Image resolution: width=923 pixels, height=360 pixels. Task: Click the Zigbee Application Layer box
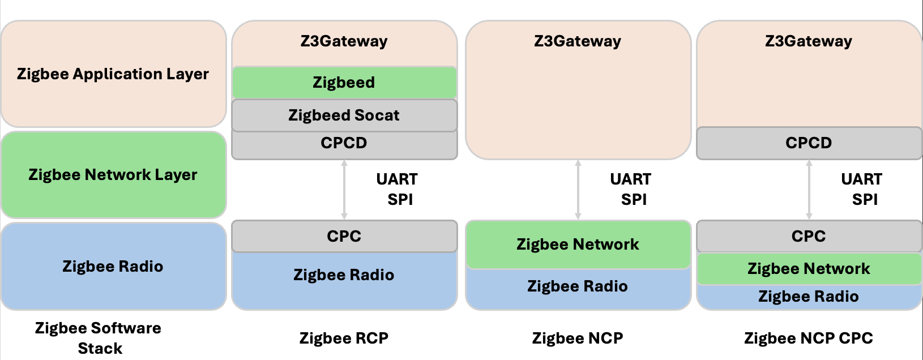coord(113,74)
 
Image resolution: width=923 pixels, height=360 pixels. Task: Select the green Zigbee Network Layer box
coord(113,175)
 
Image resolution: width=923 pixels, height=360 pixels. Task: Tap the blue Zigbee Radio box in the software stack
coord(113,266)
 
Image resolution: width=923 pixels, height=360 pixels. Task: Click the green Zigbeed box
coord(344,83)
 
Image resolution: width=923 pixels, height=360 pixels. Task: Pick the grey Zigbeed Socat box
coord(344,115)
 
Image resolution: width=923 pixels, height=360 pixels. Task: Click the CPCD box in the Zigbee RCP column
coord(344,144)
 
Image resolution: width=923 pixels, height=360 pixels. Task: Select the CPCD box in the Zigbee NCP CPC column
coord(809,143)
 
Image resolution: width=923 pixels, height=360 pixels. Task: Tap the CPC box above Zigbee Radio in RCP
coord(344,236)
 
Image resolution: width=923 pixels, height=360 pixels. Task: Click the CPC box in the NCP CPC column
coord(809,236)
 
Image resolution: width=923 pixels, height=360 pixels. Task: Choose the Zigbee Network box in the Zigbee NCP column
coord(578,245)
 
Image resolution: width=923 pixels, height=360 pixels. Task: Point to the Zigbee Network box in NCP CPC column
coord(809,269)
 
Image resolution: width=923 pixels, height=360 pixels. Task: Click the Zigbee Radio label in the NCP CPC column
coord(809,297)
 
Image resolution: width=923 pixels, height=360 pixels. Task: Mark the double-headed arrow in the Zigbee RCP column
coord(344,190)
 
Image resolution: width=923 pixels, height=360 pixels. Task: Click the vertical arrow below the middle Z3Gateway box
coord(578,190)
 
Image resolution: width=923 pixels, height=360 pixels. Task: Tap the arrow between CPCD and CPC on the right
coord(809,190)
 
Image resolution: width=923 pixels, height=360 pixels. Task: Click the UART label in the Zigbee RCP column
coord(397,179)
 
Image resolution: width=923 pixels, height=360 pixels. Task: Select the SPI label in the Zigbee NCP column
coord(634,200)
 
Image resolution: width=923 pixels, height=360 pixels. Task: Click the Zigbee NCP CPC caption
coord(808,338)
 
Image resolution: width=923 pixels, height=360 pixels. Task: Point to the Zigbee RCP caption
coord(344,338)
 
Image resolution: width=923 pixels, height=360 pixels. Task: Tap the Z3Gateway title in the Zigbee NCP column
coord(578,41)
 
